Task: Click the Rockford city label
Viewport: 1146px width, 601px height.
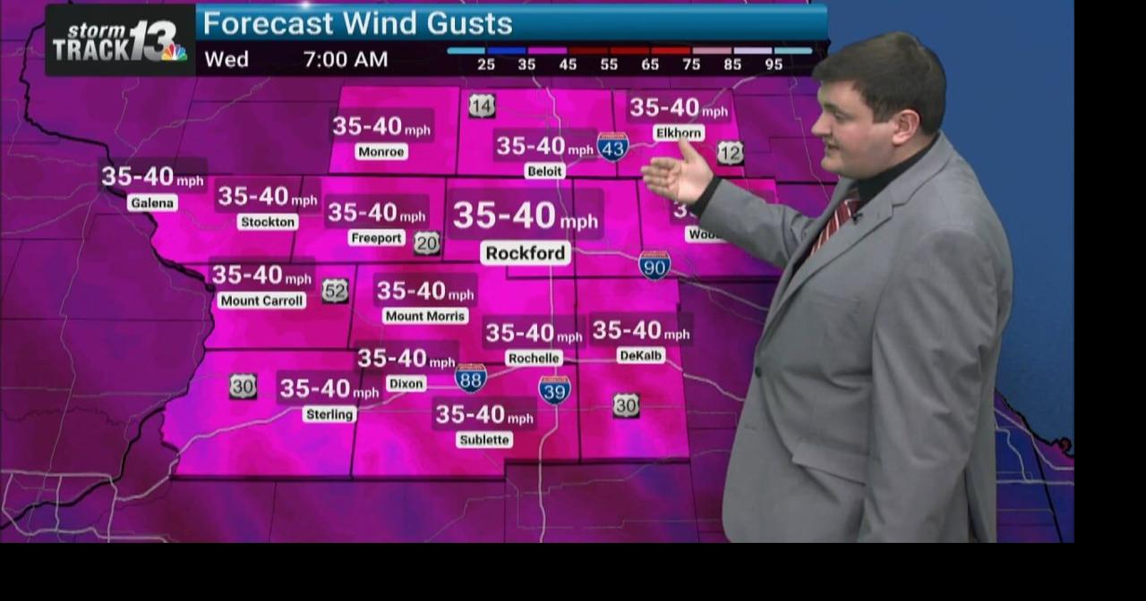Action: tap(526, 253)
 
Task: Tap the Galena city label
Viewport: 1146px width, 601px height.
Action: tap(151, 203)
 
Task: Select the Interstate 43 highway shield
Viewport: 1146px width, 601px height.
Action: tap(612, 147)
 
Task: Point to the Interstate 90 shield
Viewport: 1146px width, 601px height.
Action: tap(654, 265)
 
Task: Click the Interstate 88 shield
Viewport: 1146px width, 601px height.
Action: tap(471, 378)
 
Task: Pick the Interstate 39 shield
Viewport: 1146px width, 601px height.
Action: tap(554, 389)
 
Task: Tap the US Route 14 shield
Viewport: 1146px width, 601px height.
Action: tap(482, 106)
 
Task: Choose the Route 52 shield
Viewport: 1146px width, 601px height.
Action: tap(335, 290)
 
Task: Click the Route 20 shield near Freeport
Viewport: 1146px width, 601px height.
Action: tap(427, 242)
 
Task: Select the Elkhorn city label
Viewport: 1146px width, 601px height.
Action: tap(678, 133)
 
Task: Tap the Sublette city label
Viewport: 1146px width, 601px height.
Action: tap(484, 439)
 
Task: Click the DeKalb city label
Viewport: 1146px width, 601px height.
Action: tap(641, 355)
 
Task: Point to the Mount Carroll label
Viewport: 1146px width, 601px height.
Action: tap(261, 300)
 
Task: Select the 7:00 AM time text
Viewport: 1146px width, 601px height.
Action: tap(346, 60)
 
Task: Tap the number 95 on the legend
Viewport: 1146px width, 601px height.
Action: tap(774, 64)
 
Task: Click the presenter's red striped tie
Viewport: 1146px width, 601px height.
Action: tap(836, 220)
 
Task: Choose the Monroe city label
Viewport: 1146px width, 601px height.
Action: tap(381, 152)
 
